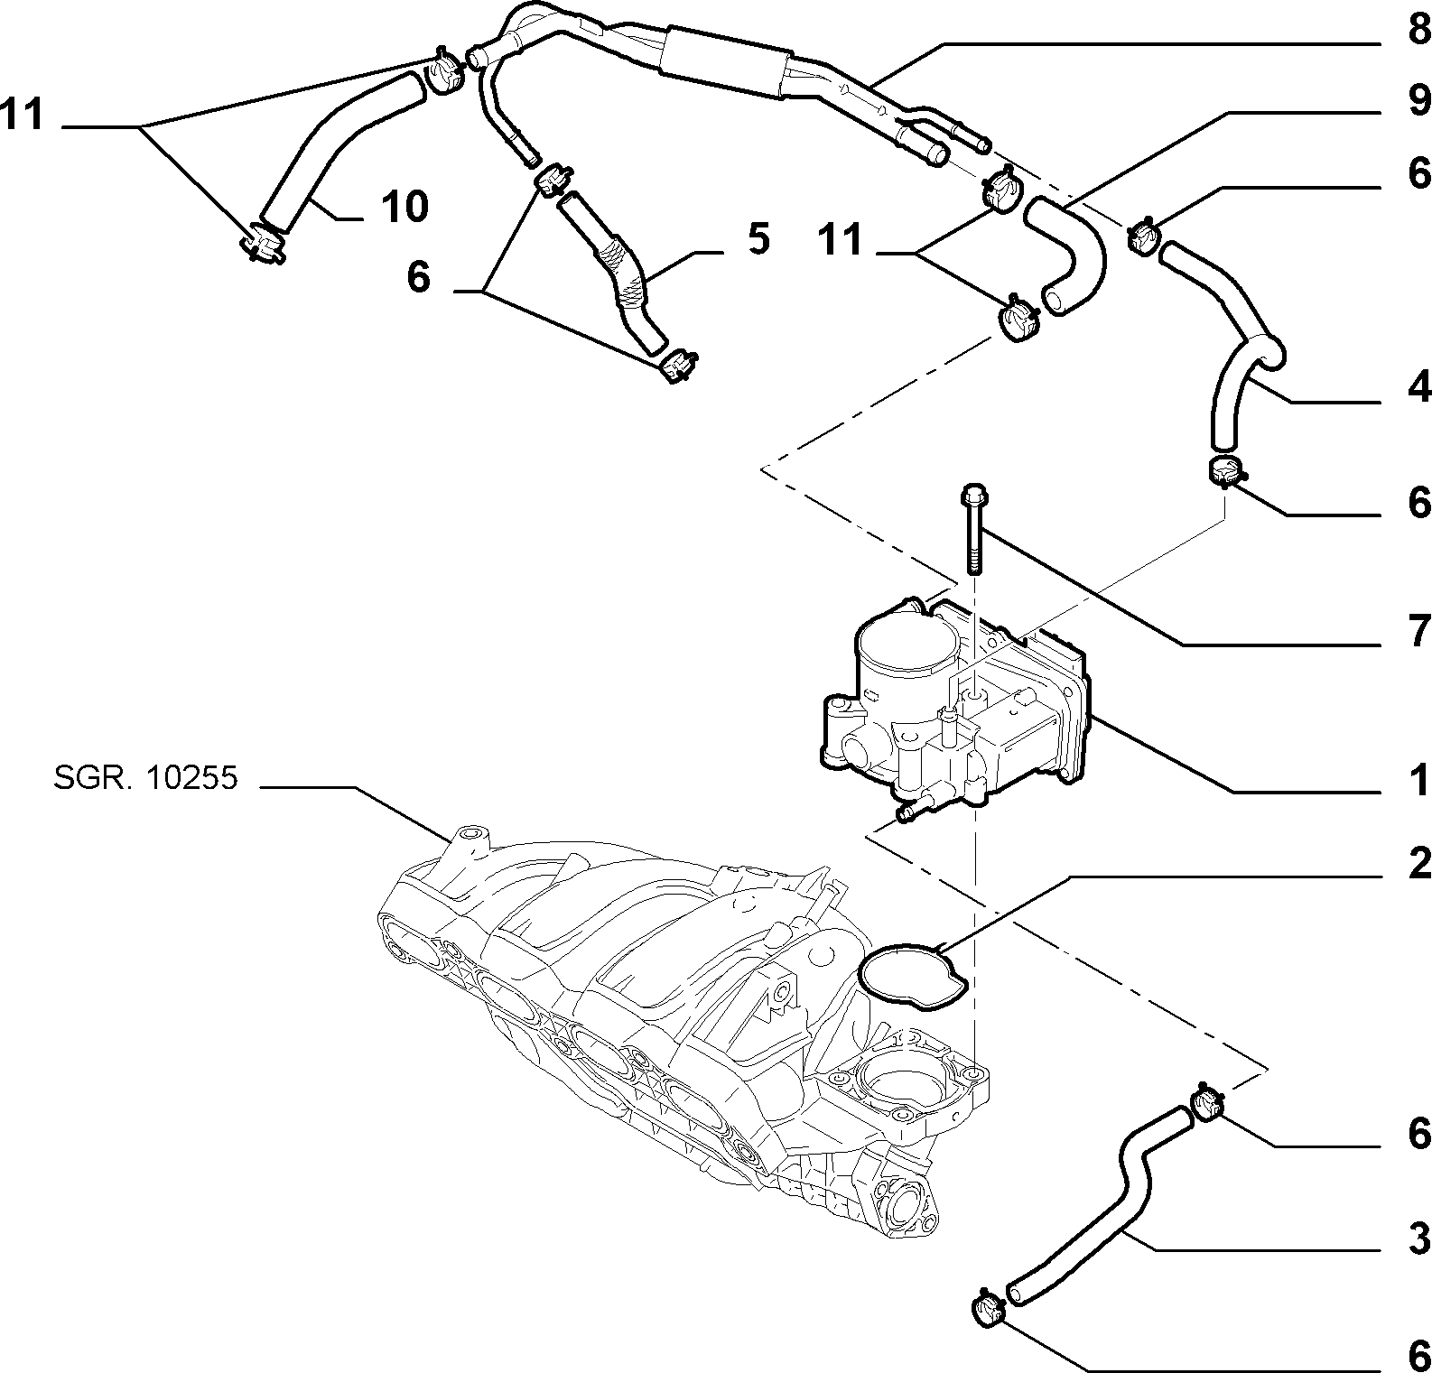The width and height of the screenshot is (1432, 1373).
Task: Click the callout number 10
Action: point(404,207)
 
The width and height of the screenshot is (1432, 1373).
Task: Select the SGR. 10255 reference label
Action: point(144,777)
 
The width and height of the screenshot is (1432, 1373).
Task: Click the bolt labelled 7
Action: point(974,530)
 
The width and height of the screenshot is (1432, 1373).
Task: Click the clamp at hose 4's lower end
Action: point(1225,471)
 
